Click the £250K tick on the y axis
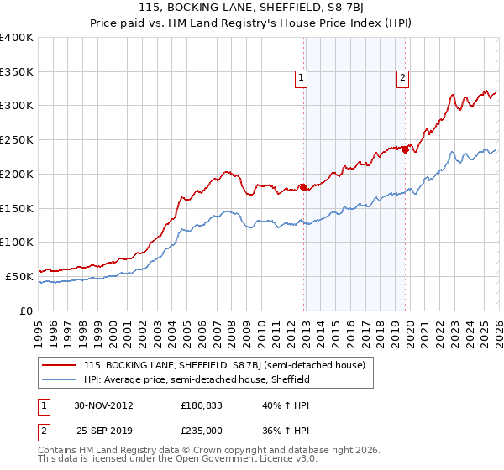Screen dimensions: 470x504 (x=17, y=139)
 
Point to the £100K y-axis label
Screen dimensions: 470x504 (x=17, y=242)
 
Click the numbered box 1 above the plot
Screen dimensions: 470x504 (x=301, y=78)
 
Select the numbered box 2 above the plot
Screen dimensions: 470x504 (x=402, y=78)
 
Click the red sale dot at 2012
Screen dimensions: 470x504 (x=304, y=188)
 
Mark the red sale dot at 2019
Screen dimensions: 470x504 (x=405, y=150)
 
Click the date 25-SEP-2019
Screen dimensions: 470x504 (x=103, y=430)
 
